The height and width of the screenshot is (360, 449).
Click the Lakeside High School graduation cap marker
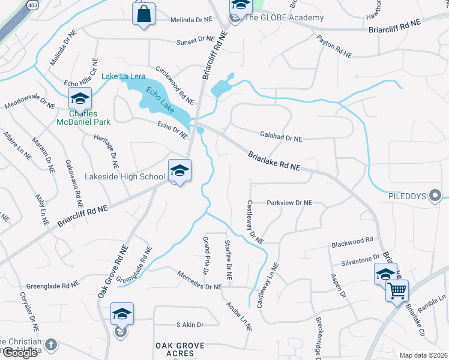click(x=179, y=170)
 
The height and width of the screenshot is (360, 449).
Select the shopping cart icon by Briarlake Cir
click(x=397, y=291)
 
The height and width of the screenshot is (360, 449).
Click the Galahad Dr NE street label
click(x=281, y=138)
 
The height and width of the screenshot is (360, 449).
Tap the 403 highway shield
click(x=32, y=4)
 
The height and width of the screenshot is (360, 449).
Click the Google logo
click(x=20, y=353)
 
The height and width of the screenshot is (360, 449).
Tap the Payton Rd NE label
click(x=334, y=46)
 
